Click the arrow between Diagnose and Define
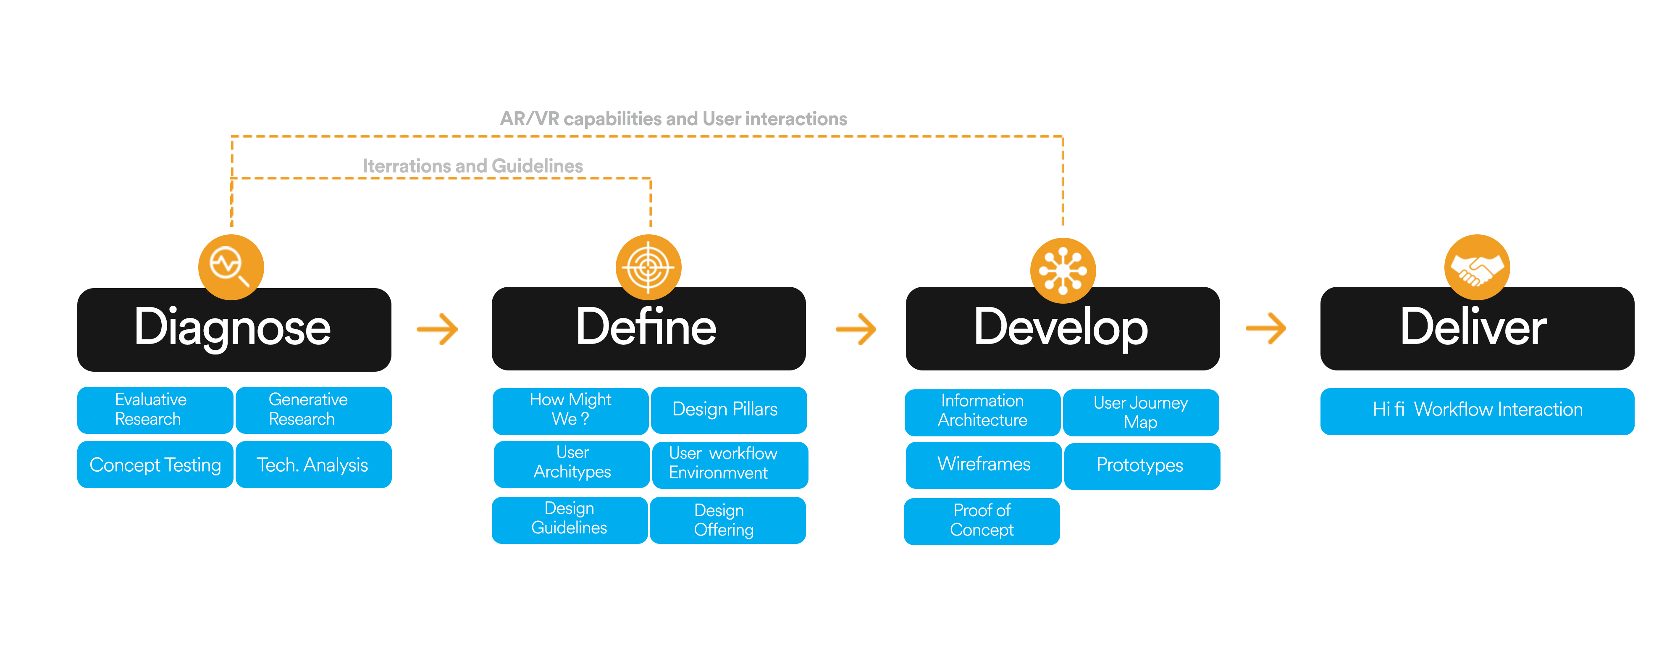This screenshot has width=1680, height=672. (x=438, y=329)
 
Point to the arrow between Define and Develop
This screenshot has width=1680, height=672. (x=856, y=329)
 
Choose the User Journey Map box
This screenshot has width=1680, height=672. (x=1141, y=413)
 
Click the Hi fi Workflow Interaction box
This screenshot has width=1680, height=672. (x=1477, y=412)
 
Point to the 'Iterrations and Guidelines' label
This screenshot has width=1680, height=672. (x=473, y=166)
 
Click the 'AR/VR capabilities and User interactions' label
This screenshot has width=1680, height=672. (x=674, y=119)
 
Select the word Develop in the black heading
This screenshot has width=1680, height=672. (x=1061, y=328)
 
